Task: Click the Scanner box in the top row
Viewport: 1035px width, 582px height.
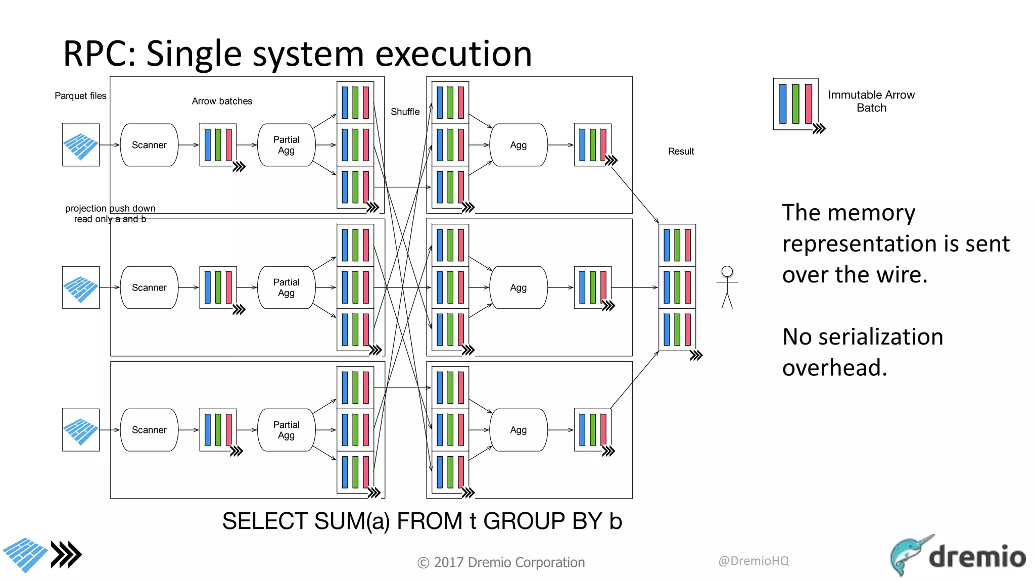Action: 149,145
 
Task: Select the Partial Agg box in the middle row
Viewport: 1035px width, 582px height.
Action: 286,287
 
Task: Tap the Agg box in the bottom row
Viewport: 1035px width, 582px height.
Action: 518,430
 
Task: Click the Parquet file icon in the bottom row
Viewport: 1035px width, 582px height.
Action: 81,430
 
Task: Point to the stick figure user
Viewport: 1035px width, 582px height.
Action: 727,287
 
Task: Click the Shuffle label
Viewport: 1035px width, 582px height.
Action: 405,112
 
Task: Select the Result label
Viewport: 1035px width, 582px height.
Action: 681,151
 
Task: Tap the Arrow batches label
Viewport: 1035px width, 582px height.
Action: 222,101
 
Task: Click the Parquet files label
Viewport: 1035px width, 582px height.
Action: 80,95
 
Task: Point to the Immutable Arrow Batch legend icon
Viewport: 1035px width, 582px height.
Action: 796,104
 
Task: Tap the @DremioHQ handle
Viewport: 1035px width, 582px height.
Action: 754,561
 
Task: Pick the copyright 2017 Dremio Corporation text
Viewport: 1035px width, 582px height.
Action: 501,562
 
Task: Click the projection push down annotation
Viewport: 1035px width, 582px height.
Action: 110,208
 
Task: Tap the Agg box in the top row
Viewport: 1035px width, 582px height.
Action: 518,145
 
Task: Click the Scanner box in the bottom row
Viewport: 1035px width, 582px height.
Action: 149,430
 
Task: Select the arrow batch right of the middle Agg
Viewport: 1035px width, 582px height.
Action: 593,287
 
